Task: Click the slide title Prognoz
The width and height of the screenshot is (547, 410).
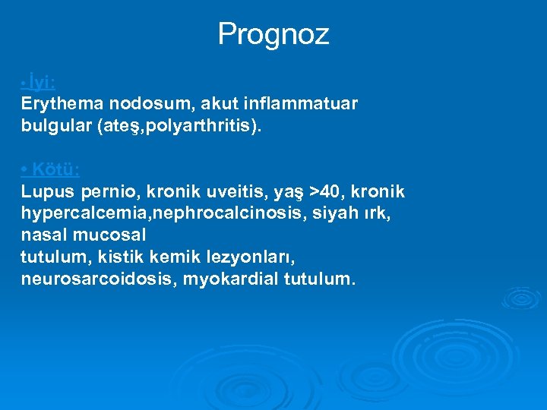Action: [x=273, y=34]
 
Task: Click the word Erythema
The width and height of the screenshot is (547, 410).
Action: [x=61, y=102]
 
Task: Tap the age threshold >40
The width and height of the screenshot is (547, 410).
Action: [x=320, y=191]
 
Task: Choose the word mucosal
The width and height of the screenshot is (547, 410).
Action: [x=111, y=235]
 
